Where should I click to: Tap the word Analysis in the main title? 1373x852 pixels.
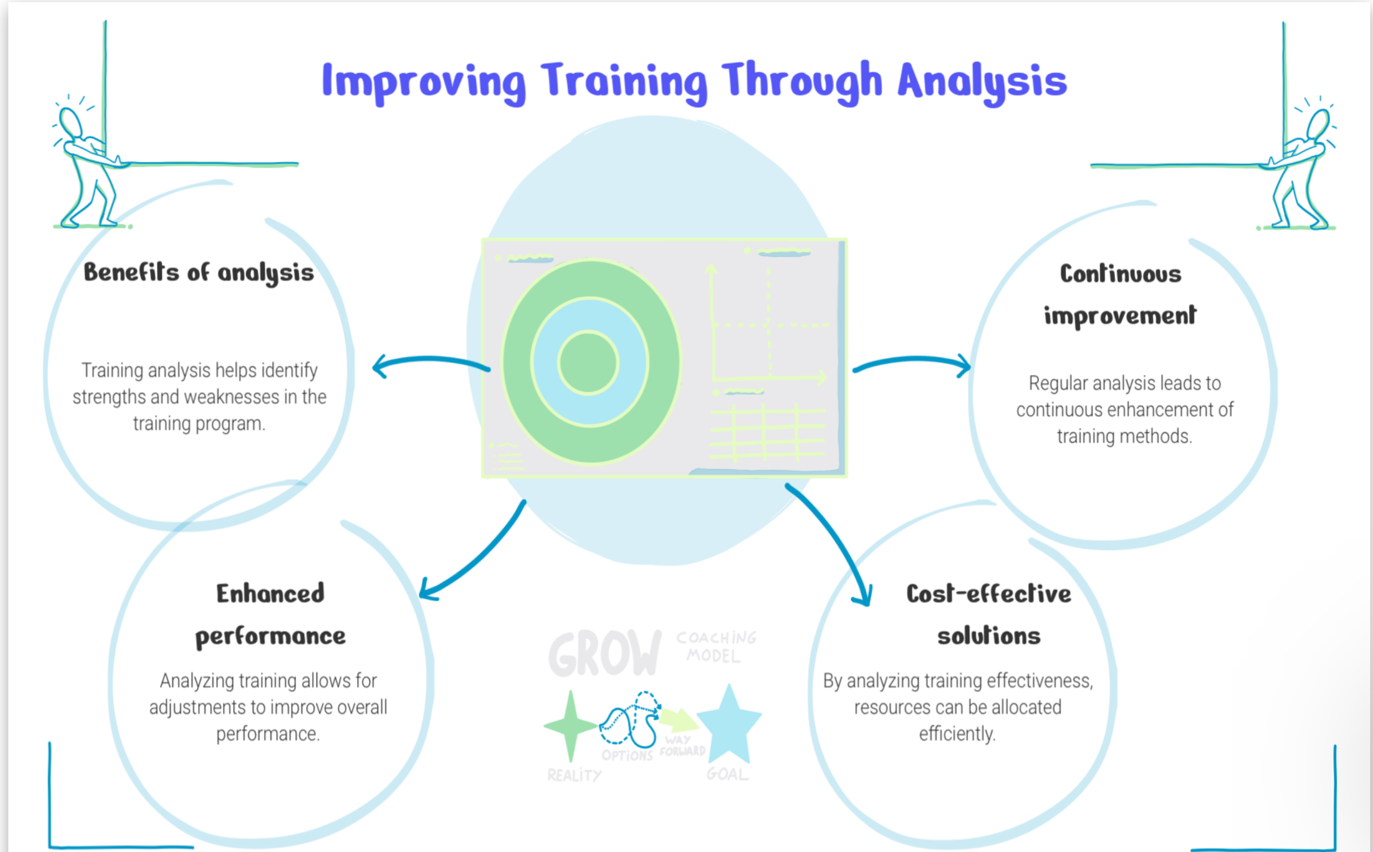(983, 82)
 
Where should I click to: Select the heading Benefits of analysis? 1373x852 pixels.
(198, 273)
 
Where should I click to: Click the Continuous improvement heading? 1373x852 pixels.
(1120, 295)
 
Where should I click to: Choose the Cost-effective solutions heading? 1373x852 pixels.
(989, 615)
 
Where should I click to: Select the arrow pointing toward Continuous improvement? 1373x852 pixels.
(912, 360)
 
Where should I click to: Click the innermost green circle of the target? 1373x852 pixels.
(588, 362)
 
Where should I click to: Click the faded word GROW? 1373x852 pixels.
(605, 653)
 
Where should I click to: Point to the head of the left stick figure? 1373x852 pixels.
(71, 122)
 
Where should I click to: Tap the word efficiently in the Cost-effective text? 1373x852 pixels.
(957, 734)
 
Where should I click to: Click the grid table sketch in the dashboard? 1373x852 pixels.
(768, 432)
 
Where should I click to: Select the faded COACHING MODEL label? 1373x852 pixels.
(716, 647)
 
